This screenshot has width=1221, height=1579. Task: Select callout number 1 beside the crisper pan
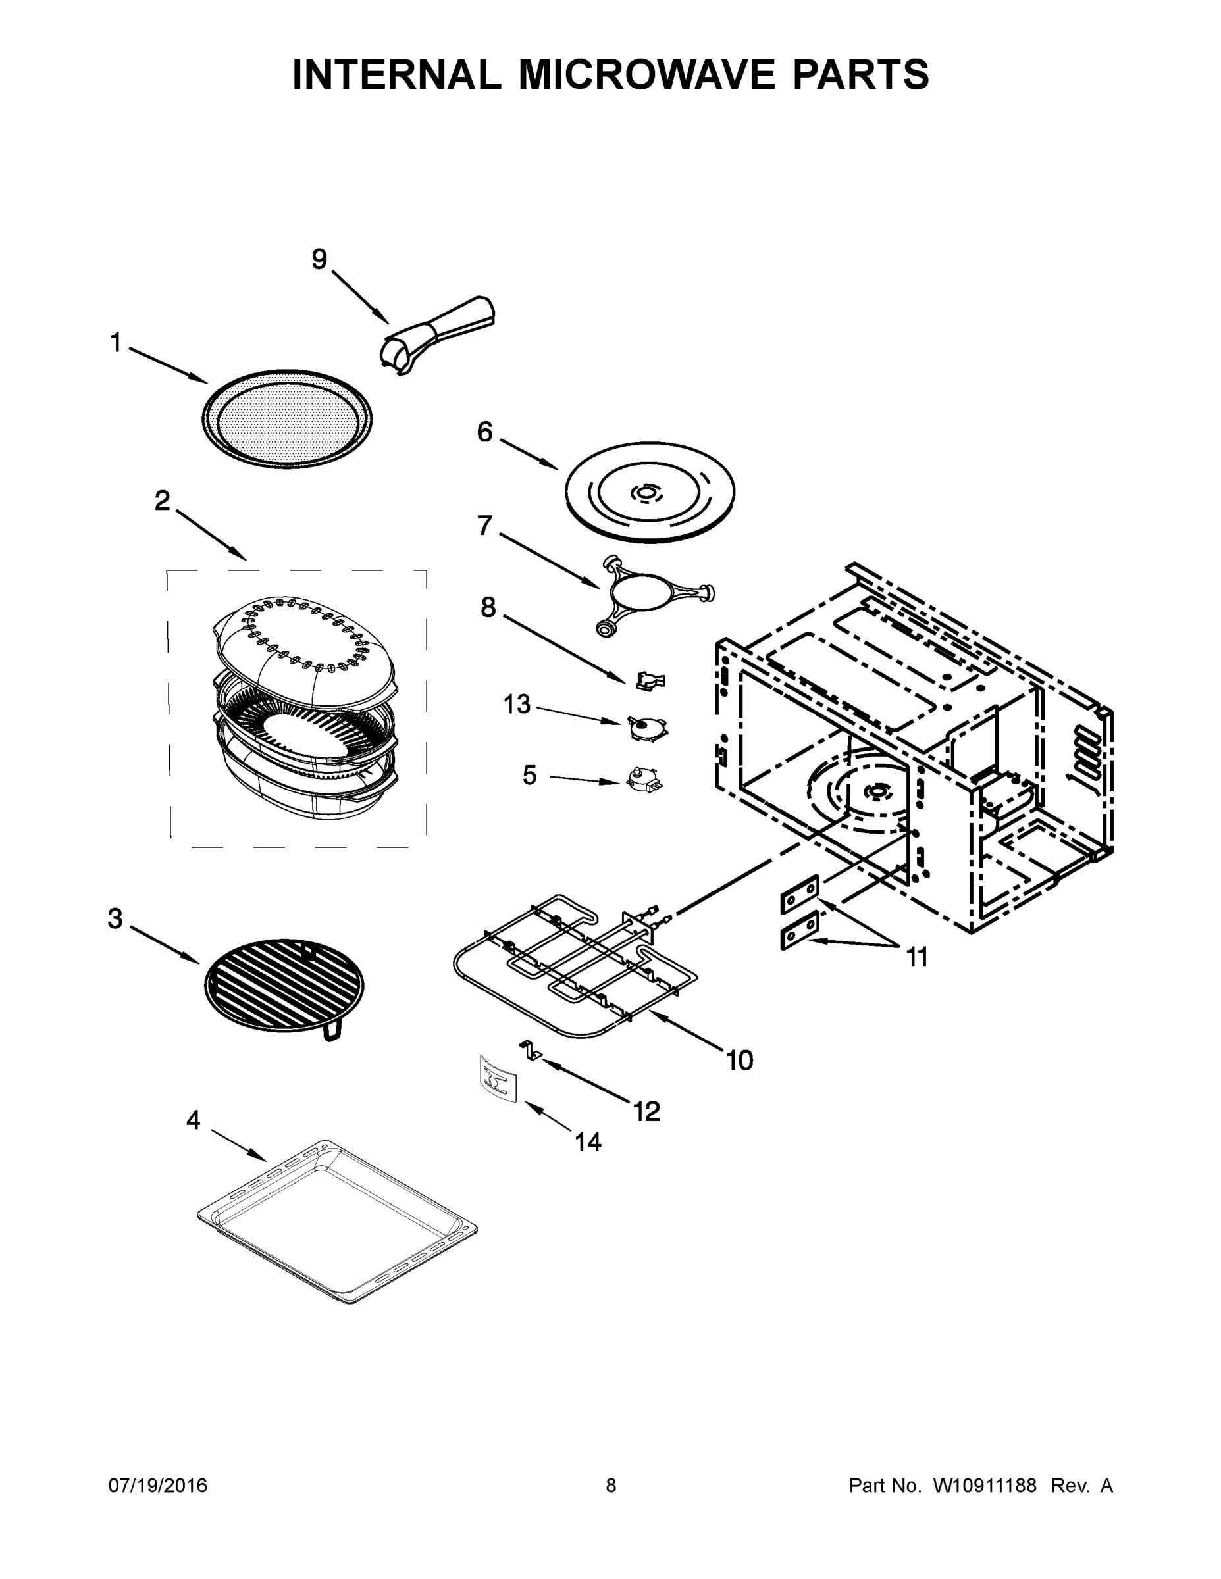[x=116, y=343]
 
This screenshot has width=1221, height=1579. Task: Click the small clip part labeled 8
[x=650, y=680]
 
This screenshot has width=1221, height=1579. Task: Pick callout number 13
[x=517, y=704]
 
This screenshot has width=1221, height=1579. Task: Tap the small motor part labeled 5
[x=644, y=780]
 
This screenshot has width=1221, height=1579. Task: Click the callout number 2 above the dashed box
[x=163, y=500]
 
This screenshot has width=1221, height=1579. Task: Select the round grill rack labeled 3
[x=285, y=985]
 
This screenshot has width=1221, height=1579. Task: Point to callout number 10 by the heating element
[x=740, y=1061]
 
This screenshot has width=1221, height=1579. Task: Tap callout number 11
[x=916, y=958]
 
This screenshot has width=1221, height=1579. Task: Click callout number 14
[x=588, y=1142]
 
